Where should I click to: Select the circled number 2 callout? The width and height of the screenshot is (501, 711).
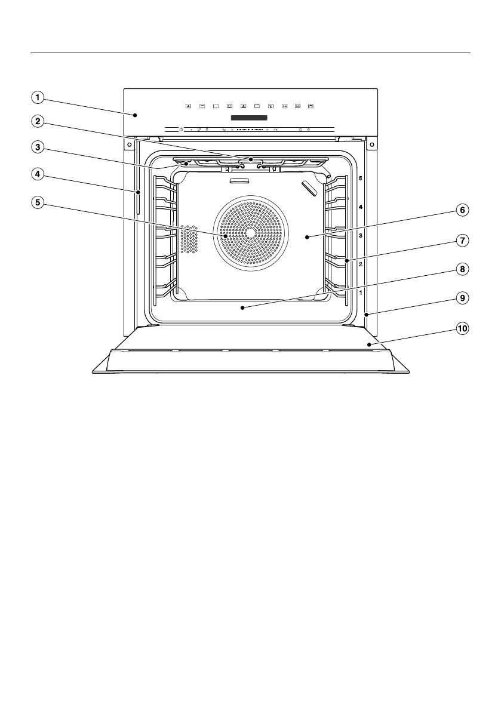(x=37, y=121)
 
